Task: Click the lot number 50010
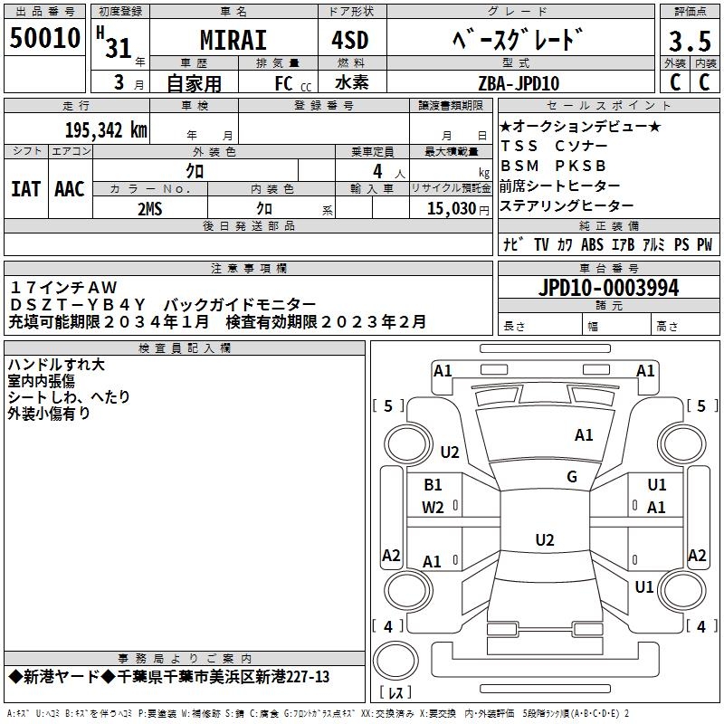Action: [44, 38]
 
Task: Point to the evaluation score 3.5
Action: [690, 43]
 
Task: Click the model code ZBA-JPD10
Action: [519, 83]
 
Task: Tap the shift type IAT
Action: [25, 188]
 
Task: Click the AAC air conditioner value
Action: [70, 188]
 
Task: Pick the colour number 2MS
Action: [150, 208]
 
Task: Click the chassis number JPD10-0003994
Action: [608, 289]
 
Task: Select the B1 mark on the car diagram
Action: [433, 485]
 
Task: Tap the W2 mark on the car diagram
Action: [433, 508]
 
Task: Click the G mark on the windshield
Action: [571, 477]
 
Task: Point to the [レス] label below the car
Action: [396, 693]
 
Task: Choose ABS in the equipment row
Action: [592, 245]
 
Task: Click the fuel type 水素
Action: [350, 83]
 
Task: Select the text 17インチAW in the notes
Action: [64, 287]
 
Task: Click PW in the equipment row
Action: [704, 245]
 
